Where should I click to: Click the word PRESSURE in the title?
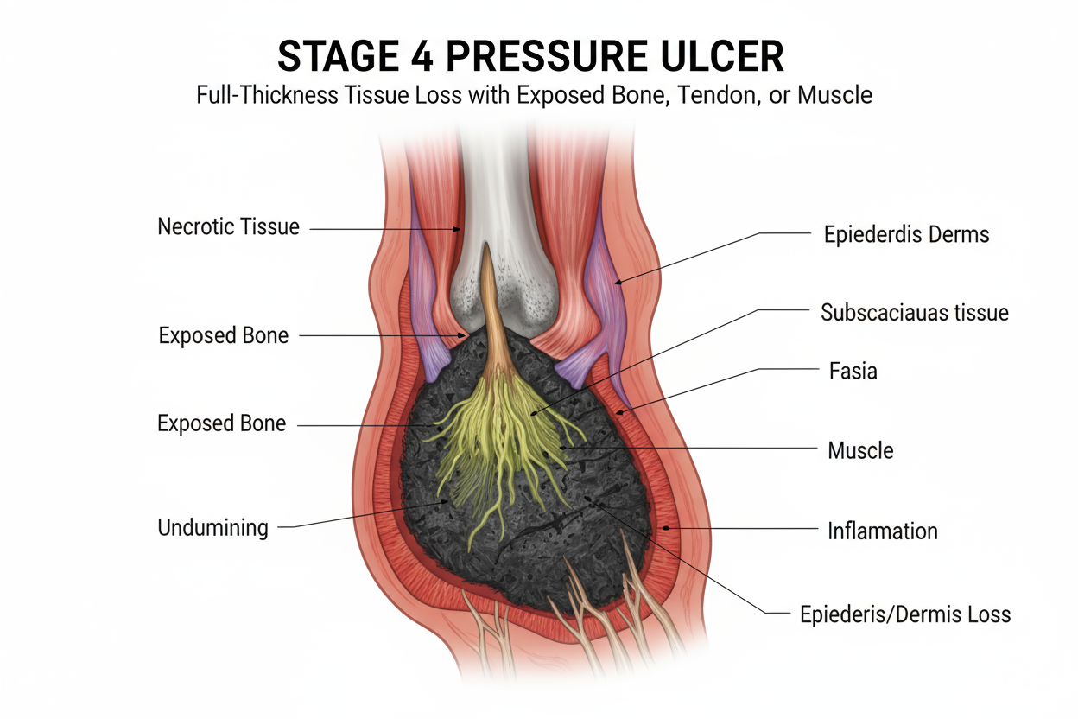pos(551,56)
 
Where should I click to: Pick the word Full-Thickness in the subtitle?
pos(269,94)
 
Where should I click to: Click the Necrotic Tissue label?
pos(228,227)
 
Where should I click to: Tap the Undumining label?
pos(212,527)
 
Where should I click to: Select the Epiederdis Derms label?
pos(907,233)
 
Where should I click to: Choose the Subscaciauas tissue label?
pos(914,312)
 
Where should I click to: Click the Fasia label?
pos(853,372)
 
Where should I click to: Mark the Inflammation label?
pos(882,530)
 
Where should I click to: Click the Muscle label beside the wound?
pos(860,449)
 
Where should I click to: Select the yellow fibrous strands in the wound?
pos(510,441)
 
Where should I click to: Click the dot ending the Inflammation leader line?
pos(665,527)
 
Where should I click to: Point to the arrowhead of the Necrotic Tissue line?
pos(458,229)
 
